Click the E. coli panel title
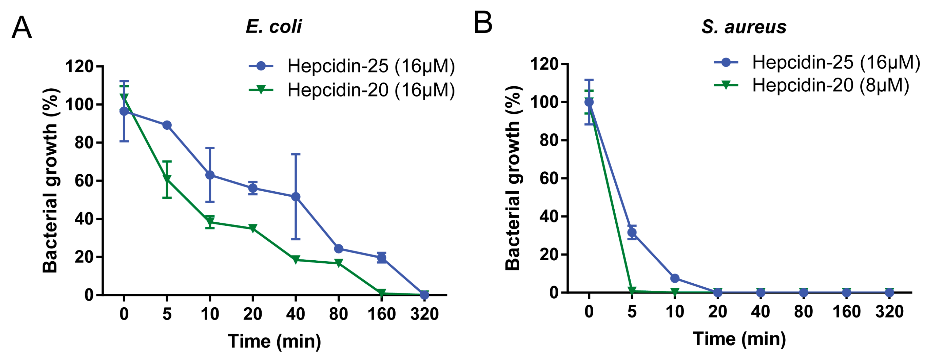point(274,26)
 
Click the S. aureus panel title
point(744,27)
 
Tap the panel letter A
point(21,27)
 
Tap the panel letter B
point(483,23)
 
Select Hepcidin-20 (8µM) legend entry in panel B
point(812,85)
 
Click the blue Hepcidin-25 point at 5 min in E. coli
point(167,125)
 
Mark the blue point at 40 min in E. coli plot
point(295,197)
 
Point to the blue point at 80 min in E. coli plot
point(338,248)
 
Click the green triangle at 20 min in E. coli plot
point(253,228)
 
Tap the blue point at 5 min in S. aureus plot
point(632,232)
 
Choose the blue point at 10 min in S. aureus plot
point(675,278)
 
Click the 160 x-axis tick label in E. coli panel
point(381,314)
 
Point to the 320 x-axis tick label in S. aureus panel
point(889,312)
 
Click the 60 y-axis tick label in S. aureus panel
point(549,178)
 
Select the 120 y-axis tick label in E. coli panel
point(79,67)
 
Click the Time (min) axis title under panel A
point(274,341)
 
